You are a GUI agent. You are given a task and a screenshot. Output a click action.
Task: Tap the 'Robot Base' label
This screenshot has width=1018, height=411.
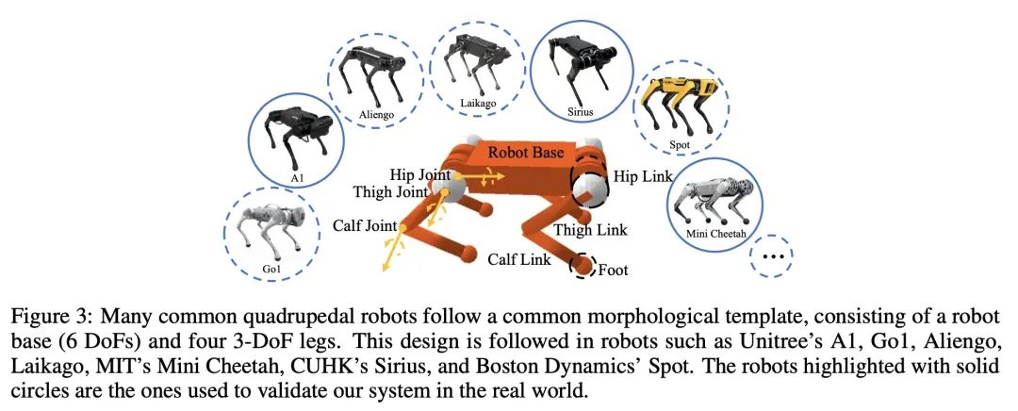(x=526, y=154)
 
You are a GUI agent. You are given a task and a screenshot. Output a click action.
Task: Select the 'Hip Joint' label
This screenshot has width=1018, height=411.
(x=420, y=175)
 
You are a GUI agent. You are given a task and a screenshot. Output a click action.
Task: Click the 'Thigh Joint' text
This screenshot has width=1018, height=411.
(x=391, y=192)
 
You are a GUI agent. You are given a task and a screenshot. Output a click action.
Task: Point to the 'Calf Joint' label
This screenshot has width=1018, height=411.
(x=365, y=226)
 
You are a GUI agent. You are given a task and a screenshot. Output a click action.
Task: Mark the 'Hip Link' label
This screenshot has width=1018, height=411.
(x=643, y=175)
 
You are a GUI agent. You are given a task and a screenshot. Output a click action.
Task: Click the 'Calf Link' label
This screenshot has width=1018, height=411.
(x=519, y=259)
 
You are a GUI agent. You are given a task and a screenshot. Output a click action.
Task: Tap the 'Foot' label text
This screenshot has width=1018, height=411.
(x=613, y=269)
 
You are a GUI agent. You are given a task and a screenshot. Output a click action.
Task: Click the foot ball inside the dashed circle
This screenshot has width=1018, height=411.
(x=583, y=265)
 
